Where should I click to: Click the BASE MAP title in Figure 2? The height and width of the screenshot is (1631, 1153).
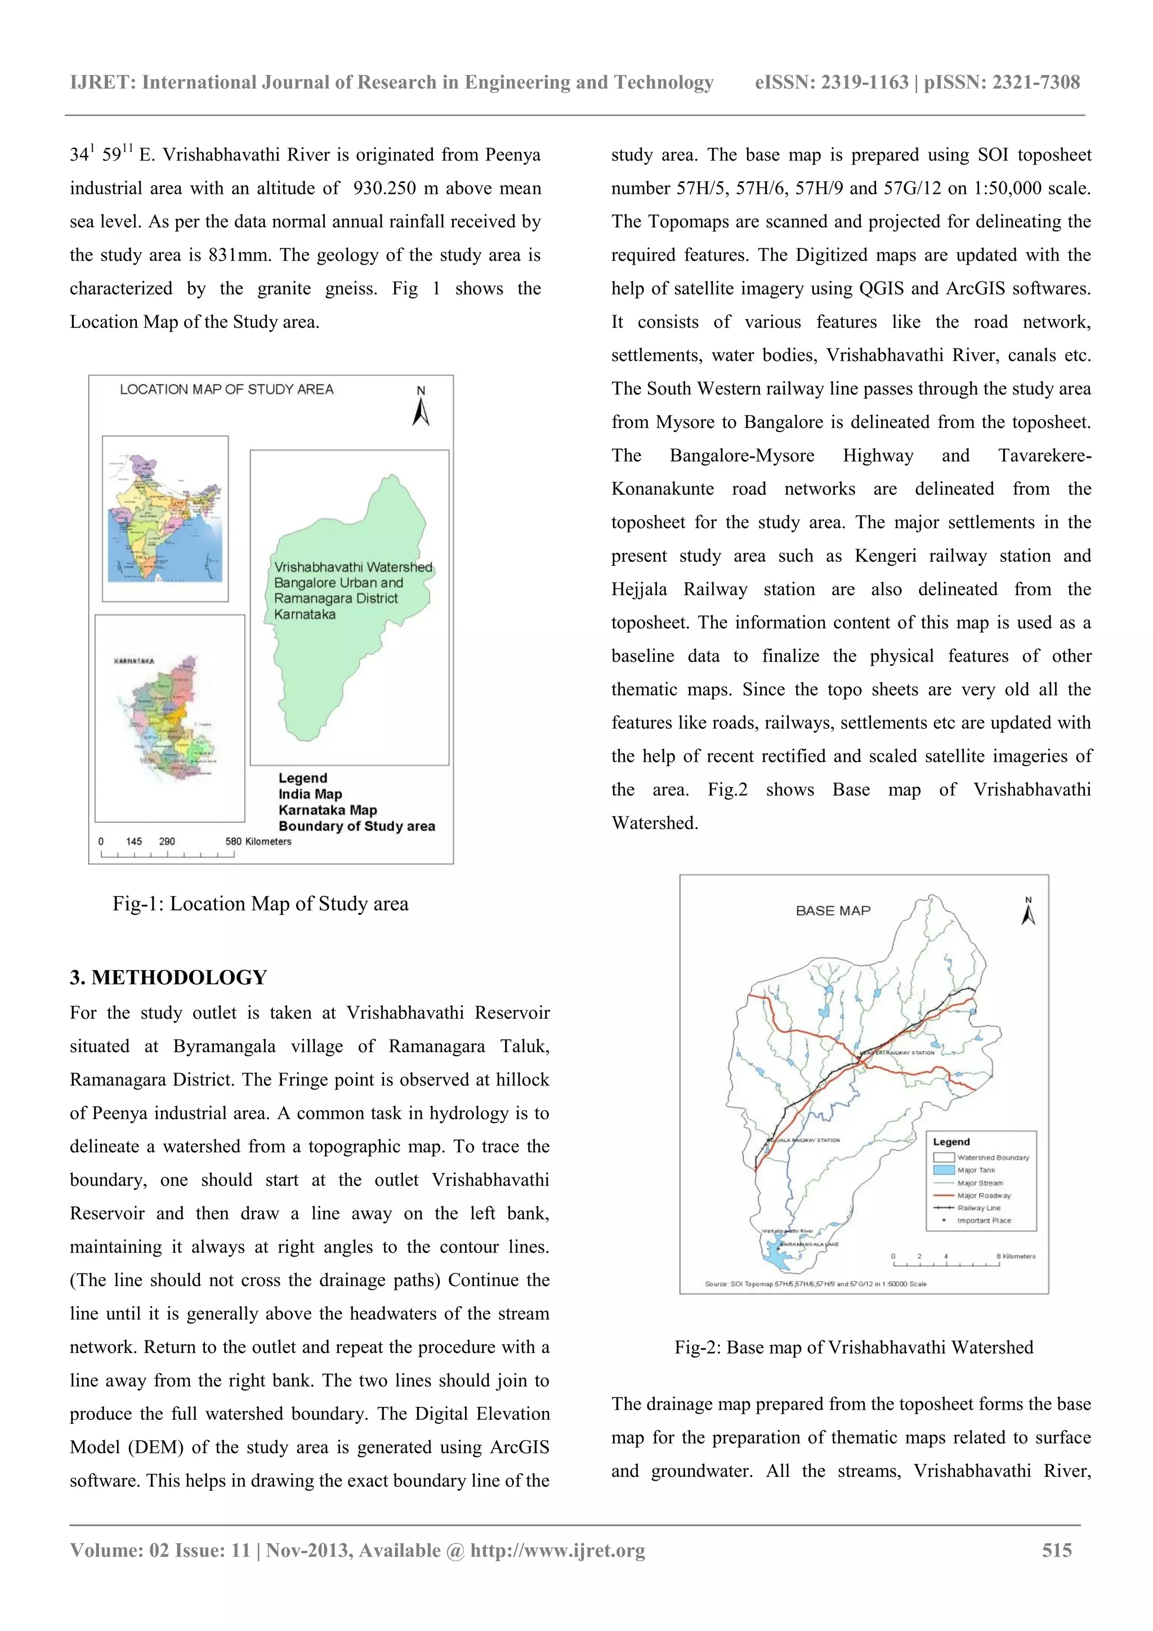(x=833, y=911)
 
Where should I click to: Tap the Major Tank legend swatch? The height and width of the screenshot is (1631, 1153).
(x=944, y=1170)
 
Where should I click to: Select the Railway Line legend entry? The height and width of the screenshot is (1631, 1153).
(x=978, y=1208)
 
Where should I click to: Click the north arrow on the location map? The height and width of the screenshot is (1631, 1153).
(x=421, y=409)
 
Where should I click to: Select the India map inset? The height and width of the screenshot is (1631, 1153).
(x=165, y=519)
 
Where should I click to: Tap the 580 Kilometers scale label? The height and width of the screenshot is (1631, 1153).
(x=258, y=841)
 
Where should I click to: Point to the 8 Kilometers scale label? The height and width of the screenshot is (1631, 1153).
(x=1015, y=1256)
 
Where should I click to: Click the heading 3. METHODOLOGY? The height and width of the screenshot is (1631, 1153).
(x=168, y=977)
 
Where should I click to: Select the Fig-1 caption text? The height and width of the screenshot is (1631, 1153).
(x=260, y=904)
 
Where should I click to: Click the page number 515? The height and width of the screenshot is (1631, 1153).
(x=1056, y=1550)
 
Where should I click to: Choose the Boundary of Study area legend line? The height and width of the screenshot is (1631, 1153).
(x=356, y=826)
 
